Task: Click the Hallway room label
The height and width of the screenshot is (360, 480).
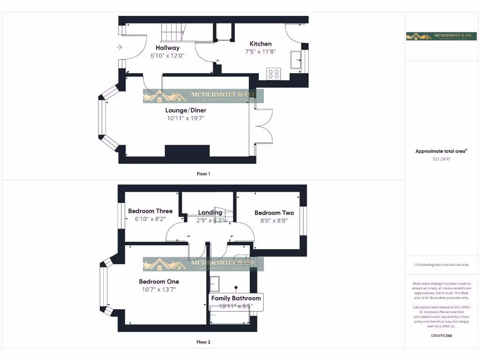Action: [x=167, y=48]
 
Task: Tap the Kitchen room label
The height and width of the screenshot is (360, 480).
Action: [x=261, y=44]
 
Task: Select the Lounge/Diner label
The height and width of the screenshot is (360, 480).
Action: [x=186, y=111]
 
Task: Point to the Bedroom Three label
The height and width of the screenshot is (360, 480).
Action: [x=150, y=211]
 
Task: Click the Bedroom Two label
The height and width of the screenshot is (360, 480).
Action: [x=274, y=213]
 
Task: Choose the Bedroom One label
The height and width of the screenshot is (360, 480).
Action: [x=159, y=282]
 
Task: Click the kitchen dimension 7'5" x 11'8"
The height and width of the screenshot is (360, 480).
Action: [x=261, y=52]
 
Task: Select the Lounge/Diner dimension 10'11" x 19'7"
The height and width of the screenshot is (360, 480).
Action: [x=186, y=118]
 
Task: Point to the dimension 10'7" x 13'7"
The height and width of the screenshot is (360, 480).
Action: [x=159, y=289]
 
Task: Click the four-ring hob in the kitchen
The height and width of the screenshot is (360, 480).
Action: [x=273, y=74]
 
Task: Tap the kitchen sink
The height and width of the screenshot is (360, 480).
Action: [x=296, y=60]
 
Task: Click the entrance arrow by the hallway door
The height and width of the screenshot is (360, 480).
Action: [x=119, y=47]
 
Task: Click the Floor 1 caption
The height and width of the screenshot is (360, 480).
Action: [x=203, y=174]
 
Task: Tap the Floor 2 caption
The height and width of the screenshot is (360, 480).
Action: [x=203, y=342]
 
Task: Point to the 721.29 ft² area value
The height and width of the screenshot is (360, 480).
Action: [x=441, y=159]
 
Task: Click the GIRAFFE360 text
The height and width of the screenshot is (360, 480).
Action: [x=441, y=336]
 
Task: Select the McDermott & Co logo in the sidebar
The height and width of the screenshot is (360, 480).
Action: [x=441, y=36]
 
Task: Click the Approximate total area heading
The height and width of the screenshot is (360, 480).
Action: [x=441, y=151]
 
